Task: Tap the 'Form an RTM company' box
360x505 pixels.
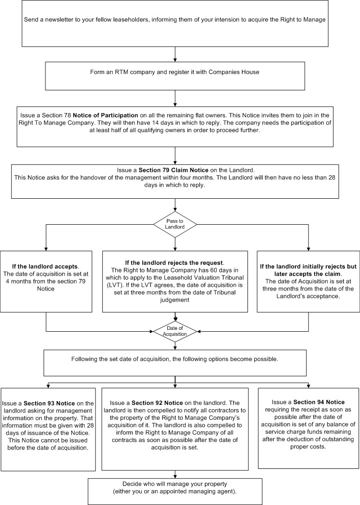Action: [x=175, y=76]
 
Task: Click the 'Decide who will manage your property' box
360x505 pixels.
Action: [x=175, y=491]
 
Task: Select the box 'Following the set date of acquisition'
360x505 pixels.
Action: [x=175, y=362]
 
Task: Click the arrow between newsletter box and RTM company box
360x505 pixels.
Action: [x=175, y=54]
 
